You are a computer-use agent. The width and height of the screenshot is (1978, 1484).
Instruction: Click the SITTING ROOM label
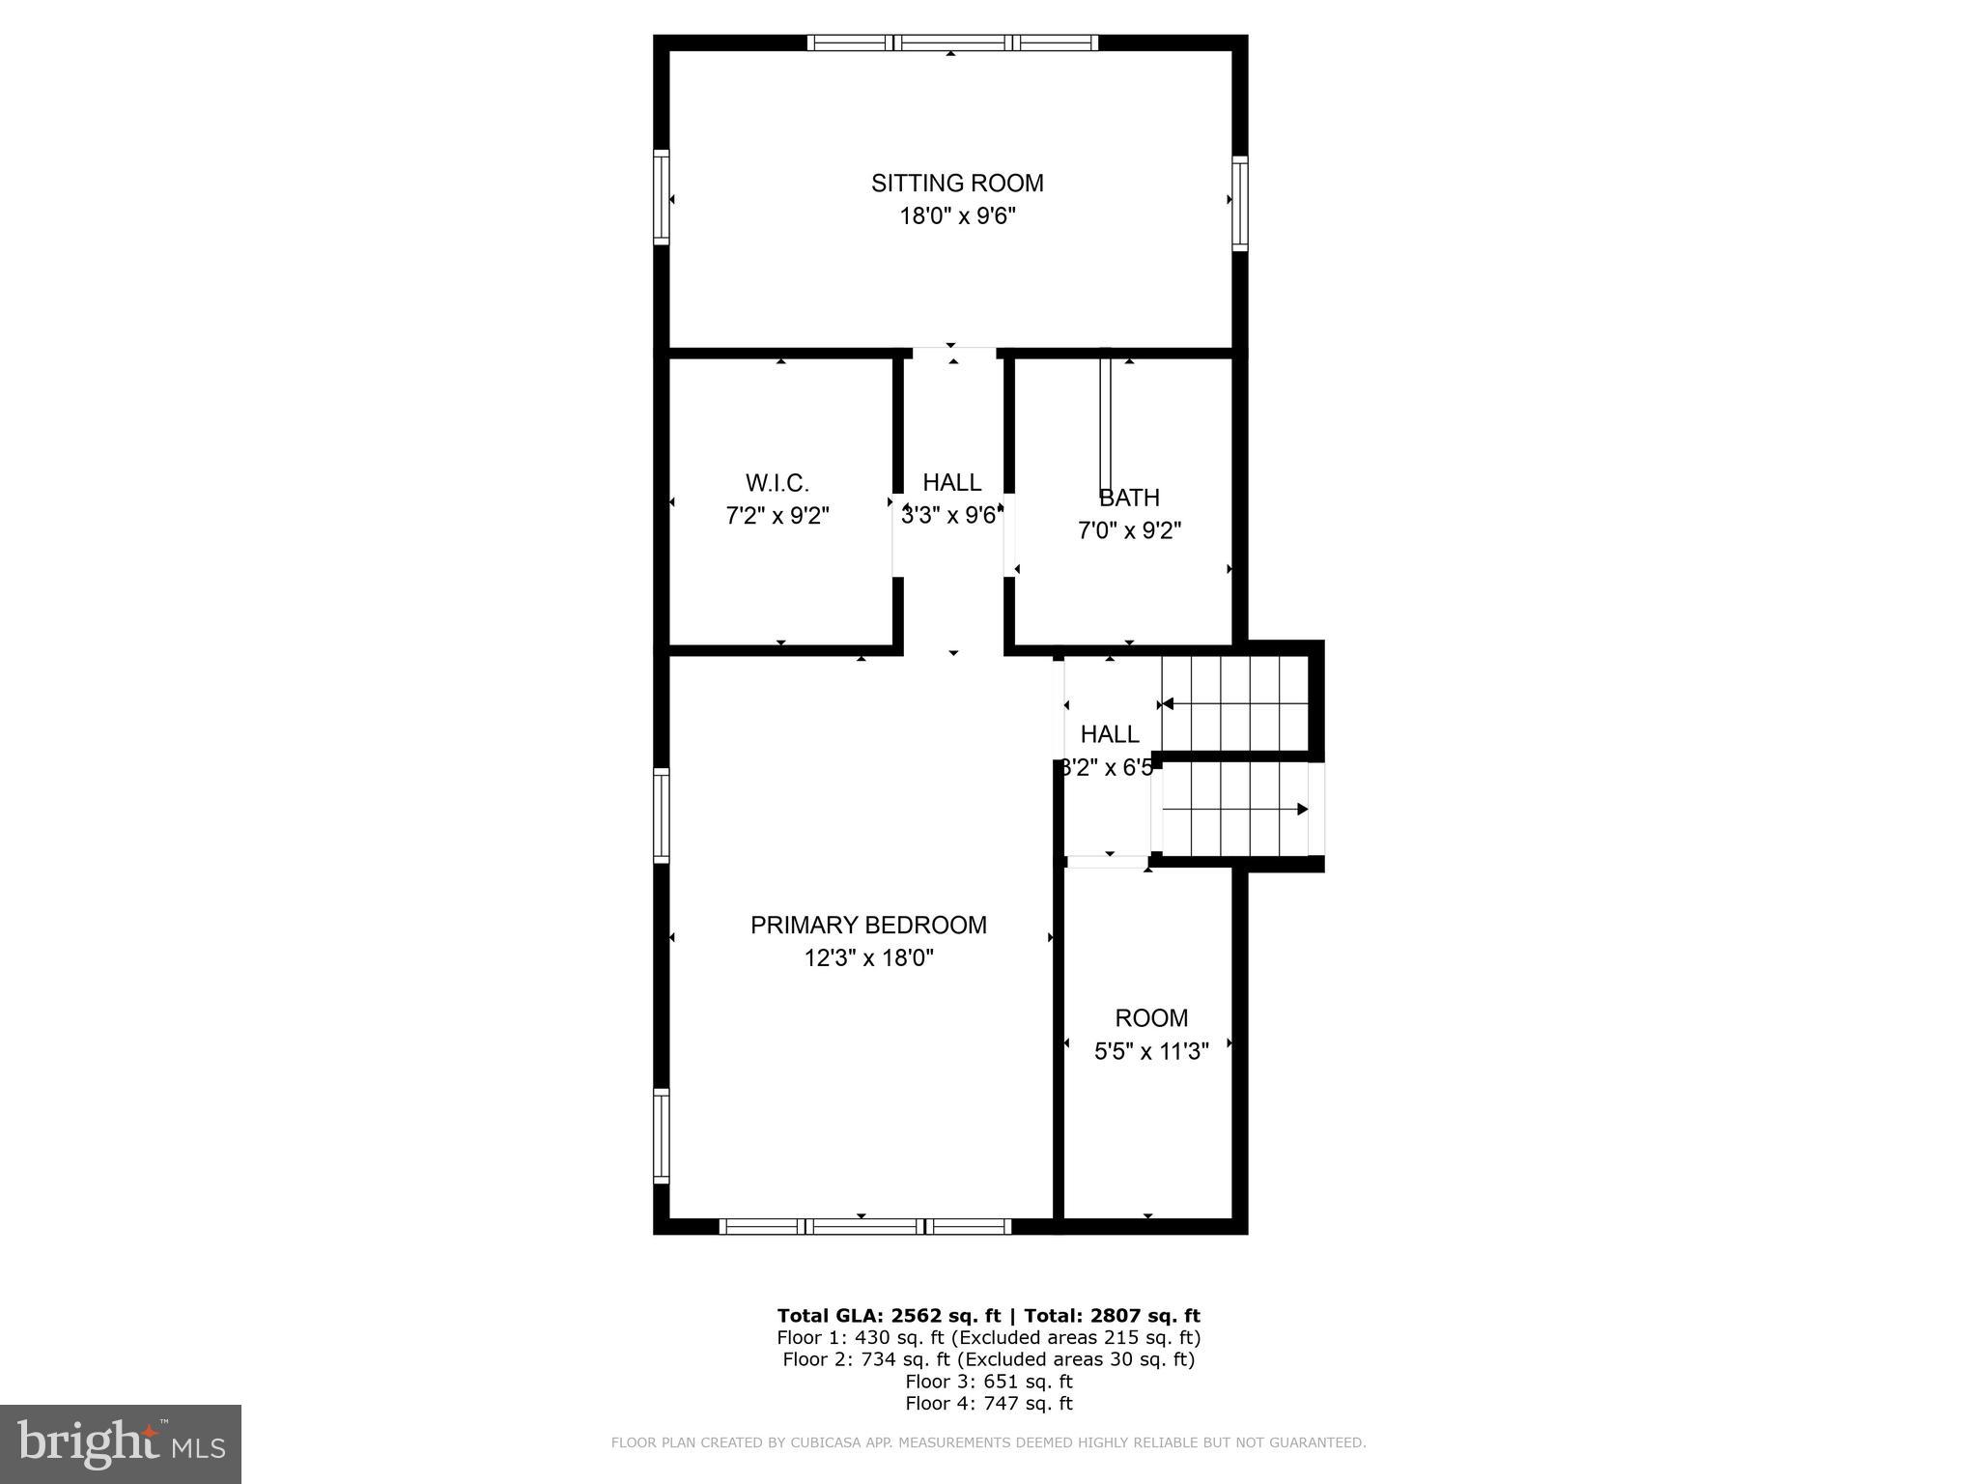957,183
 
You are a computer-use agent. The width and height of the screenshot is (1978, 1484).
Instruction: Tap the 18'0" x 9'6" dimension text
957,215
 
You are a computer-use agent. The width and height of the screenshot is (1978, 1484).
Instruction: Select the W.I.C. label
777,483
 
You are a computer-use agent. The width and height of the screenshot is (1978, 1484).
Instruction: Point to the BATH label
1129,498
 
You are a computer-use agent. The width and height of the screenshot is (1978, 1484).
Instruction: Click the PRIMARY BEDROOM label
868,925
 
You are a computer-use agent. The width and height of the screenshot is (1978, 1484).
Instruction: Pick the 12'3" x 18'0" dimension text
868,957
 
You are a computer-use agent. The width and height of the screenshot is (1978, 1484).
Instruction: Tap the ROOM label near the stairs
1151,1017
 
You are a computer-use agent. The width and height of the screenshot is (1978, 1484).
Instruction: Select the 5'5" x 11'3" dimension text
1151,1051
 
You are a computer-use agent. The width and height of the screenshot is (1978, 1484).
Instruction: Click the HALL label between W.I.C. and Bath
951,482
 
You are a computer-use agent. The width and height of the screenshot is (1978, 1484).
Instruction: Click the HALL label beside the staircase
1110,734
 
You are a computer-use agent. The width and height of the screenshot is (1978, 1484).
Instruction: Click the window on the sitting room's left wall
662,197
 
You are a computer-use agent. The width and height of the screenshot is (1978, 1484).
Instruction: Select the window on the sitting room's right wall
1239,204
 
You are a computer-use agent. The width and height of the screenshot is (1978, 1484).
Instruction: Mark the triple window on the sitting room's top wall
952,43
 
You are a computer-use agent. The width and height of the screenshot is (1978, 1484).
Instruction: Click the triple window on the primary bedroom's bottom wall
866,1226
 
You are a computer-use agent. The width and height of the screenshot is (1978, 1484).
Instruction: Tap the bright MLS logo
121,1443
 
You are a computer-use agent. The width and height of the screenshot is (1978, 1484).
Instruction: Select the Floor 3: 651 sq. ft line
988,1382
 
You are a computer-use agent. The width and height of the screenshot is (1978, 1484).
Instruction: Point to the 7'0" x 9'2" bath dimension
1129,530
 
